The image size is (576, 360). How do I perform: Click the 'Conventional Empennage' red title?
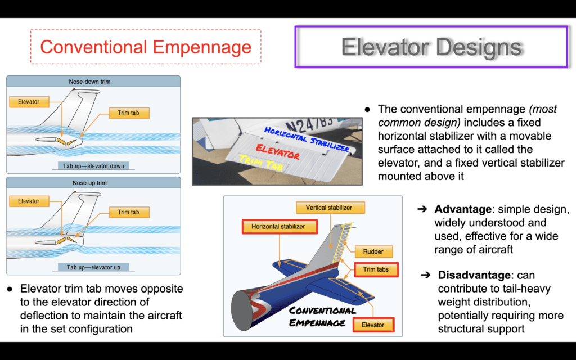coord(146,47)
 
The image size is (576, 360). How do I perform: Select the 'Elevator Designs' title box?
coord(431,47)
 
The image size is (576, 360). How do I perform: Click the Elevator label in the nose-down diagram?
coord(29,102)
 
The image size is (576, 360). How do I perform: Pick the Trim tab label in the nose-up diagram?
coord(129,212)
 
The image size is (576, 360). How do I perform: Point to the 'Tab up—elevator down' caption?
coord(93,166)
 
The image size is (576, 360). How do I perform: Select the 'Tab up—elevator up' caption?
coord(93,267)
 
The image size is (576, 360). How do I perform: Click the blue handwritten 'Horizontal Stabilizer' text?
coord(307,139)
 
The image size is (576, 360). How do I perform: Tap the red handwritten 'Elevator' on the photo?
coord(278,151)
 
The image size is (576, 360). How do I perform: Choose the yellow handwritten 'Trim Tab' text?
coord(261,163)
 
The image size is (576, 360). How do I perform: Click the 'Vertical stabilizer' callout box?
coord(330,208)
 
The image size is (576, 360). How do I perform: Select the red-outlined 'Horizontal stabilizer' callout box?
coord(280,226)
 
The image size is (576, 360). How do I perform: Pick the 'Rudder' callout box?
coord(373,251)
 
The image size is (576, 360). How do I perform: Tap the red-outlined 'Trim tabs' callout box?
coord(376,269)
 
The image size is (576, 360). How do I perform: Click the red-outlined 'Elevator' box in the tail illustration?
coord(373,325)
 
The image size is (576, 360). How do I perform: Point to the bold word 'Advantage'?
coord(463,209)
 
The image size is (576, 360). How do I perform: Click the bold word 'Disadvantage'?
coord(474,274)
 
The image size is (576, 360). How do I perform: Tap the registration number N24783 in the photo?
coord(310,125)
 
